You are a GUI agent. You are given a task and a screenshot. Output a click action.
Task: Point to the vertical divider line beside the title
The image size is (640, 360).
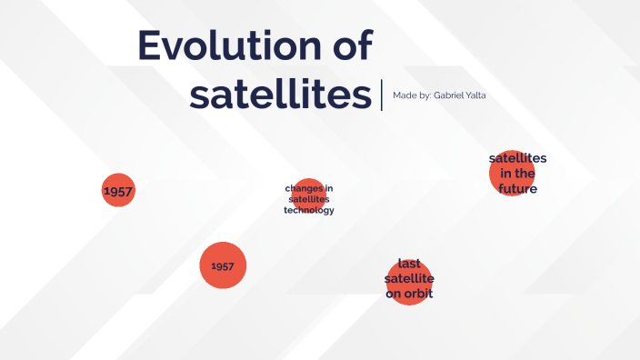pyautogui.click(x=382, y=95)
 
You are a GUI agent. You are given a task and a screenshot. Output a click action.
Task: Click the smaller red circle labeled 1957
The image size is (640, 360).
pyautogui.click(x=117, y=191)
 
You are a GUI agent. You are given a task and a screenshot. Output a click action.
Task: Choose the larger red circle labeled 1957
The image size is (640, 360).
pyautogui.click(x=223, y=265)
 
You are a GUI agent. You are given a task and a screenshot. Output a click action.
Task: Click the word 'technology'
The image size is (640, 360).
pyautogui.click(x=309, y=210)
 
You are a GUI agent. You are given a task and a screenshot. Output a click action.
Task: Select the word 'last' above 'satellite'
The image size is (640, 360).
pyautogui.click(x=408, y=263)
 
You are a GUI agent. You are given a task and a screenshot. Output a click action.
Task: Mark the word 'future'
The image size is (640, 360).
pyautogui.click(x=517, y=189)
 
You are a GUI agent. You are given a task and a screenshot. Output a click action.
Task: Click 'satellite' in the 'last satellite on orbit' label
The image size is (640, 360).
pyautogui.click(x=409, y=278)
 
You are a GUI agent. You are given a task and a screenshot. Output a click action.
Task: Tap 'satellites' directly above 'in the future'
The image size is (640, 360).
pyautogui.click(x=517, y=158)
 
